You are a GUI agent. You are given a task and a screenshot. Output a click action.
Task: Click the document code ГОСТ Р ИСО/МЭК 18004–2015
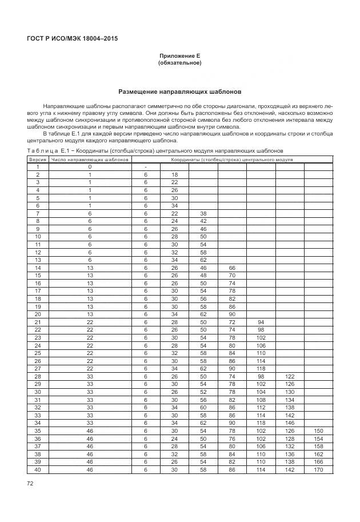coord(76,39)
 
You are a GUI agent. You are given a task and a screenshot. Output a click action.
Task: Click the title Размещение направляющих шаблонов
coord(179,91)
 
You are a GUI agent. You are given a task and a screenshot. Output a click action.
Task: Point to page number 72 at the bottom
coord(30,484)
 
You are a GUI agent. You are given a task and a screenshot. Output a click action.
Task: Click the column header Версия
coord(38,160)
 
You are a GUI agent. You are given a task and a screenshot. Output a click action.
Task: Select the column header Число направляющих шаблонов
coord(90,160)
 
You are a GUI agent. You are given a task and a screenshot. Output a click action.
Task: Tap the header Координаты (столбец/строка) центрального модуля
coord(231,160)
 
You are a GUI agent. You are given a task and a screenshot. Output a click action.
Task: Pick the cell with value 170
coord(318,469)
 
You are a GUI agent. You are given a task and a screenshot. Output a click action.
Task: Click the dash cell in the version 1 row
coord(146,166)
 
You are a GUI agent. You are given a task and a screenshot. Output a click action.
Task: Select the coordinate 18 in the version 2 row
coord(174,174)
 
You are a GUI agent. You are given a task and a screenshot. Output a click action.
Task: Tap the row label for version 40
coord(38,469)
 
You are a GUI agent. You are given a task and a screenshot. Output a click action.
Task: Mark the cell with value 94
coord(261,322)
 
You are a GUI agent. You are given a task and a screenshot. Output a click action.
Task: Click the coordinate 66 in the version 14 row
coord(232,268)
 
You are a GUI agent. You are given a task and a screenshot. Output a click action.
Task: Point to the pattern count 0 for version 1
coord(90,166)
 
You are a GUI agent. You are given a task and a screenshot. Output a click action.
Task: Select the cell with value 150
coord(318,430)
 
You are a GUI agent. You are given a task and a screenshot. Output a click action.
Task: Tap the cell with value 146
coord(289,423)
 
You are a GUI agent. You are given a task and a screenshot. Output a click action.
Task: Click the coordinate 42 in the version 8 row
coord(203,221)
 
